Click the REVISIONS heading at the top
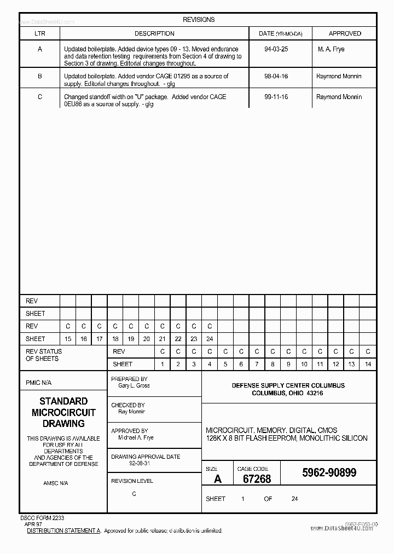tap(199, 20)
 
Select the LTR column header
tap(40, 33)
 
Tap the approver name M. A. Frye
tap(331, 49)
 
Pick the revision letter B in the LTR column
tap(40, 77)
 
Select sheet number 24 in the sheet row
tap(210, 339)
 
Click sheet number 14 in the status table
tap(368, 364)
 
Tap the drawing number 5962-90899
tap(329, 472)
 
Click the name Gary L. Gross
tap(134, 386)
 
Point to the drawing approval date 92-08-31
tap(124, 463)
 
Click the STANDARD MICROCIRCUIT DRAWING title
tap(63, 412)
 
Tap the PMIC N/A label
tap(38, 383)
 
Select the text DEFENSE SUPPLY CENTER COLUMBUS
tap(288, 385)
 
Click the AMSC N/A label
tap(56, 483)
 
